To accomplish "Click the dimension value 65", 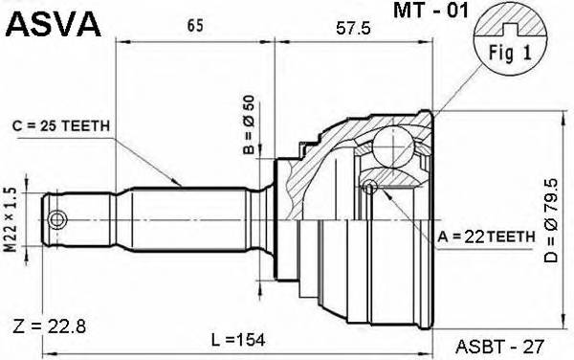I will [x=193, y=26].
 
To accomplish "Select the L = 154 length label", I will [x=236, y=340].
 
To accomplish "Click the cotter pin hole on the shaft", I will [x=57, y=220].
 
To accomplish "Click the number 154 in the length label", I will [x=250, y=340].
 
